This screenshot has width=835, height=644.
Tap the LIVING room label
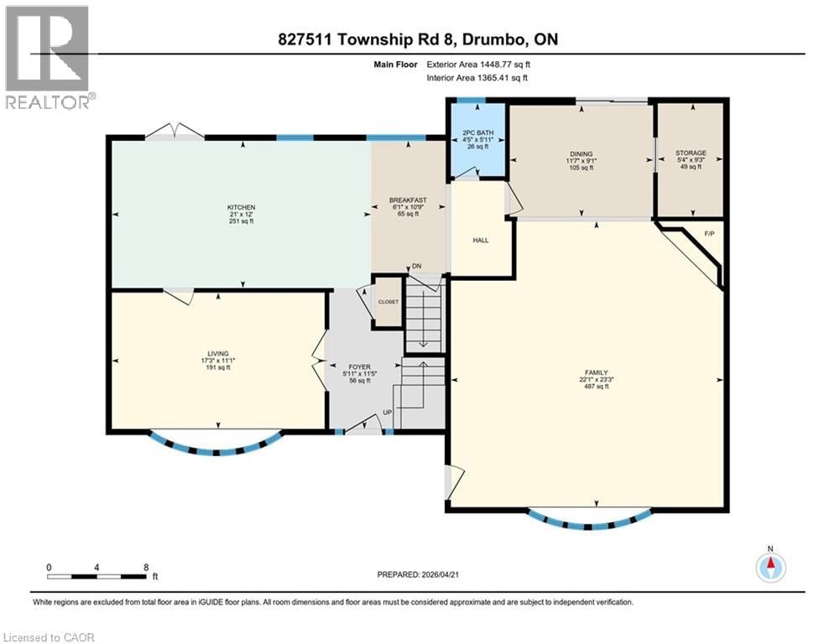pyautogui.click(x=217, y=353)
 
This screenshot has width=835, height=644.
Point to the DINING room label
pyautogui.click(x=581, y=154)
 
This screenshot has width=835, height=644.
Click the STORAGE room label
pyautogui.click(x=690, y=153)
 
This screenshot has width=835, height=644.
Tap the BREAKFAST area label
pyautogui.click(x=408, y=200)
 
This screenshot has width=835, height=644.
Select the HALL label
pyautogui.click(x=481, y=241)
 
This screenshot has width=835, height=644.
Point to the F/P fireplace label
pyautogui.click(x=708, y=232)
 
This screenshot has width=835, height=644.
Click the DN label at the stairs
pyautogui.click(x=416, y=266)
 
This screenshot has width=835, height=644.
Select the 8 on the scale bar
pyautogui.click(x=146, y=567)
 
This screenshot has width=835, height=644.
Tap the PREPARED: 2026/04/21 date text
pyautogui.click(x=420, y=574)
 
